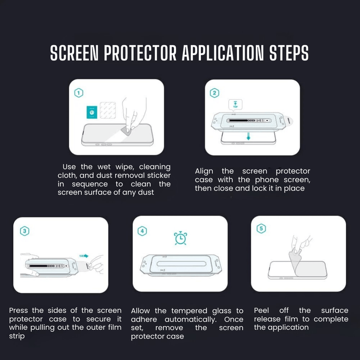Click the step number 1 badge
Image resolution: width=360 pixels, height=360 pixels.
[79, 93]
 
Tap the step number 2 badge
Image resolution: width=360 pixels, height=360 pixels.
[215, 93]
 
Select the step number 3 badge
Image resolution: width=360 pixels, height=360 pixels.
[24, 231]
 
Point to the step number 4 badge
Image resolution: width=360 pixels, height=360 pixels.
[142, 231]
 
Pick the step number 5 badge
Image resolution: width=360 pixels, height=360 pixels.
[261, 229]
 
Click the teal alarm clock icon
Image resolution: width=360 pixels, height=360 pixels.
[180, 238]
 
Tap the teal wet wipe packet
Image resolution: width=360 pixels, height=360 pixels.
[92, 112]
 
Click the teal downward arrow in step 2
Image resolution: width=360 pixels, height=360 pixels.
[249, 136]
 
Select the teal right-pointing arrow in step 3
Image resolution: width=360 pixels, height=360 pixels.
[84, 256]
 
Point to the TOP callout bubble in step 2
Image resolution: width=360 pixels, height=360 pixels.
[235, 105]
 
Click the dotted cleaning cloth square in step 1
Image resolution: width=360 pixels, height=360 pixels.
[108, 110]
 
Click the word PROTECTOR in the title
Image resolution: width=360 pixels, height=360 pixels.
[140, 53]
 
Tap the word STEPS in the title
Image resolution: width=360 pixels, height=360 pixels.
[289, 53]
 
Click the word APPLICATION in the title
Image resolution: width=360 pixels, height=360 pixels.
[223, 53]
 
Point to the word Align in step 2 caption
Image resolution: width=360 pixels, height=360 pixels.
[204, 171]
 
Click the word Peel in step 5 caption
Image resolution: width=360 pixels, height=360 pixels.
[261, 310]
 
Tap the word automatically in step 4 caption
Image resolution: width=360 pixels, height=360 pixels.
[191, 320]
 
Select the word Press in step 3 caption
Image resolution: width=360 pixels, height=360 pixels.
[18, 310]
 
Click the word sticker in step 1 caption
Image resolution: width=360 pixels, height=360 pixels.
[159, 176]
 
